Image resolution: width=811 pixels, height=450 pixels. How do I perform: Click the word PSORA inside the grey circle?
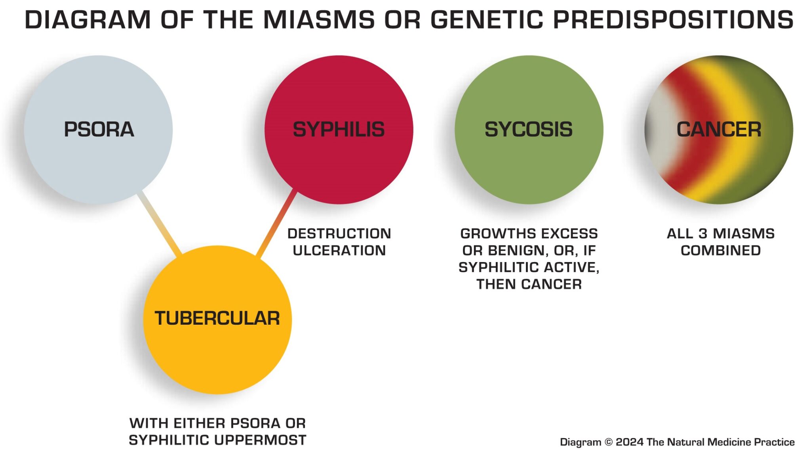click(99, 129)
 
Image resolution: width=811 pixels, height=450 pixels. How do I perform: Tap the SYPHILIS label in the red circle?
click(339, 129)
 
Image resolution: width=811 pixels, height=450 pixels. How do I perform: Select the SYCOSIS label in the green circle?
click(529, 129)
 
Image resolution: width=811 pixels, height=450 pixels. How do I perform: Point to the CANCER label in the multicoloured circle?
click(719, 129)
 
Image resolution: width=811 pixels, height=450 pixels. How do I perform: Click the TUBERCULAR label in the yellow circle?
click(217, 318)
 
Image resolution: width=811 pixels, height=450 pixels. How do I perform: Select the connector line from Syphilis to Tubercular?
click(276, 224)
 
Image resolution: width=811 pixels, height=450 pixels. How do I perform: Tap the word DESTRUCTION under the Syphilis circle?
click(339, 234)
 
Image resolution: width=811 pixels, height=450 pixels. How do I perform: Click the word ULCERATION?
click(339, 251)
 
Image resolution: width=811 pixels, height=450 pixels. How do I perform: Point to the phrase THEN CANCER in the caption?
click(529, 284)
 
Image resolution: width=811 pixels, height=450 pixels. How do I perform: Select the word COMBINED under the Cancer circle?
click(721, 251)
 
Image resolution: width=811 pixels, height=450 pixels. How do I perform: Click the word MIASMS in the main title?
click(319, 19)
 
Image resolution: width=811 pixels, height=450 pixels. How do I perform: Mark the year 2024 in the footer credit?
click(630, 442)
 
